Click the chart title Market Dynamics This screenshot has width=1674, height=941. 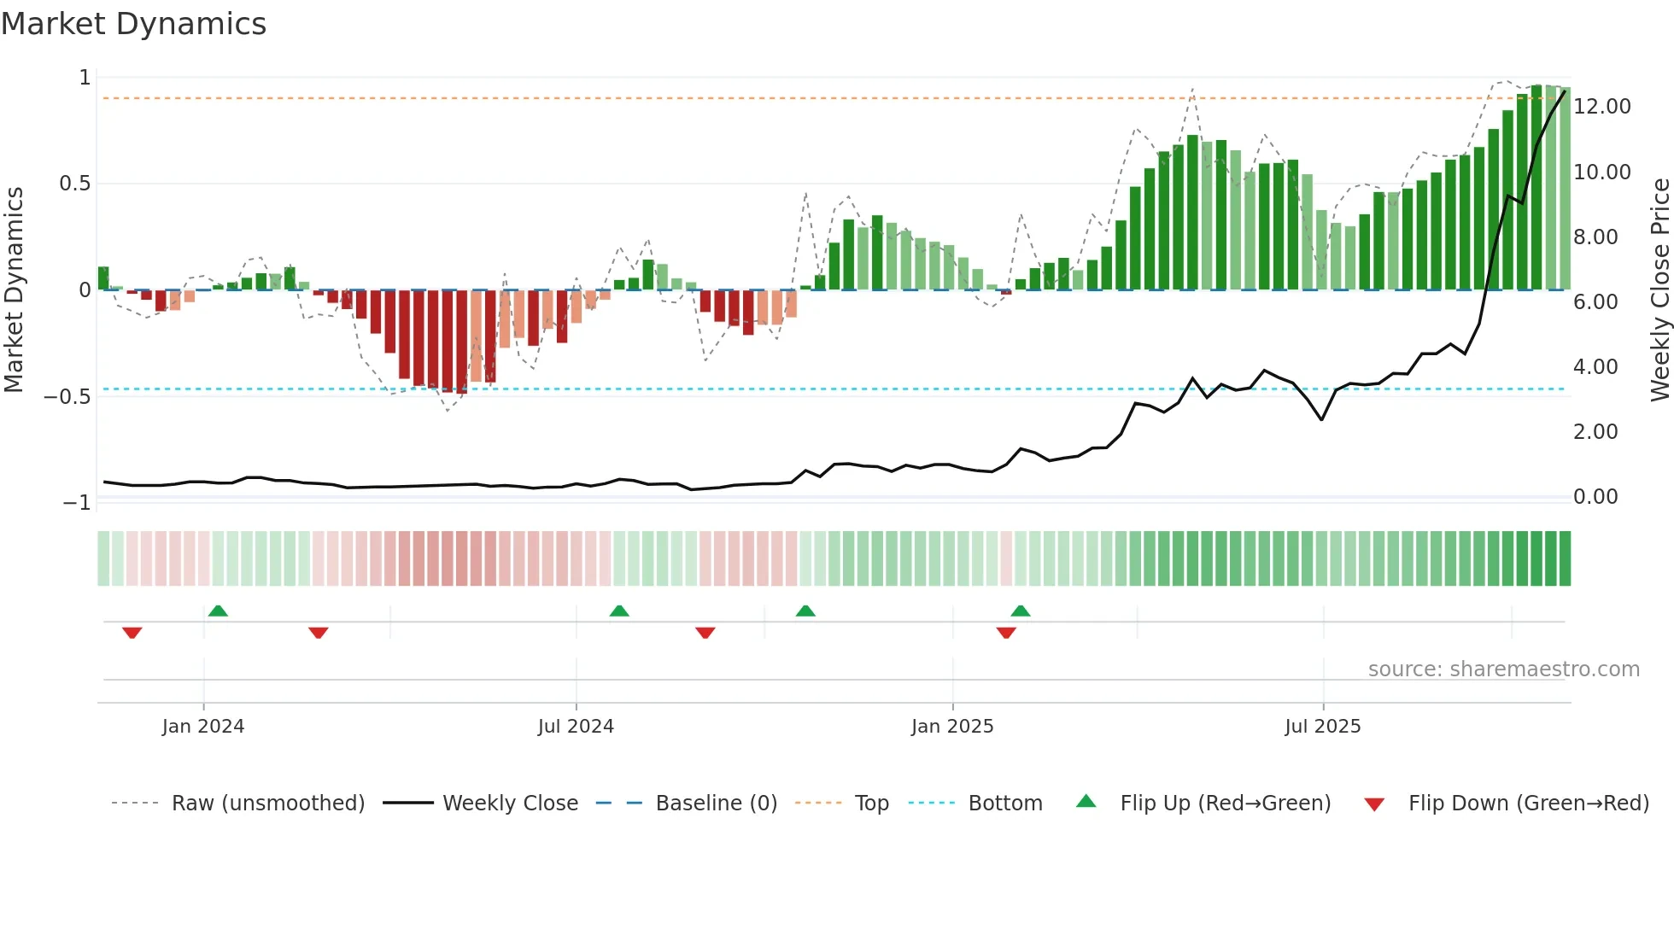tap(133, 24)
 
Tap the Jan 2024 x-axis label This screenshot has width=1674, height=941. tap(203, 727)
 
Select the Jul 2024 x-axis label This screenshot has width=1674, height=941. tap(576, 727)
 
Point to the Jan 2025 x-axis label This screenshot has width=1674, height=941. tap(952, 727)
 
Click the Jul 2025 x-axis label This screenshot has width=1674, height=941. tap(1322, 727)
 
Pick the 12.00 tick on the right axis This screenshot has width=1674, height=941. tap(1601, 107)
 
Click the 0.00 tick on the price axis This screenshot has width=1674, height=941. tap(1595, 497)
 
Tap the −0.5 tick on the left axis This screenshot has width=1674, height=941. tap(67, 397)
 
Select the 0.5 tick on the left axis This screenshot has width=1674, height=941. tap(74, 184)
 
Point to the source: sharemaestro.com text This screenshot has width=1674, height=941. tap(1503, 669)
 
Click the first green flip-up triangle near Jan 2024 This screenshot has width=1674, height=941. tap(218, 611)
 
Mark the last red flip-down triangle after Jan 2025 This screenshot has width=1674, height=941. tap(1006, 633)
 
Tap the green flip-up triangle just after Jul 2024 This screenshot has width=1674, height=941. tap(619, 611)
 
